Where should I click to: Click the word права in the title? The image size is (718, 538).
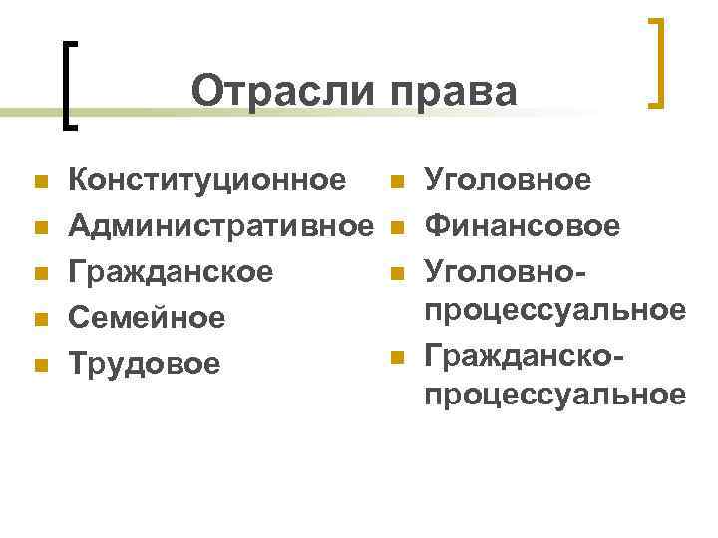(x=453, y=92)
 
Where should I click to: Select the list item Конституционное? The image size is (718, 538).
(x=206, y=181)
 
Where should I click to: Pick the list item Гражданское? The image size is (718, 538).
(x=170, y=272)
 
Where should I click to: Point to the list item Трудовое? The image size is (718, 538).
(x=143, y=364)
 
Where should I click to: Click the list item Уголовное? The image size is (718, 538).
(x=508, y=181)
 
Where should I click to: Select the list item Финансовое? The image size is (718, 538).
(x=522, y=227)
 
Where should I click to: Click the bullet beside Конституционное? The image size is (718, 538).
(x=40, y=182)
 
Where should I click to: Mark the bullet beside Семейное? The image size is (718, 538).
(x=40, y=319)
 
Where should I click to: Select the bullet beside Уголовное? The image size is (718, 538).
(x=397, y=182)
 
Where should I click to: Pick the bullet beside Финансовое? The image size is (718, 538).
(x=397, y=228)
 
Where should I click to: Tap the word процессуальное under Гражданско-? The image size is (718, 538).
(x=554, y=396)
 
